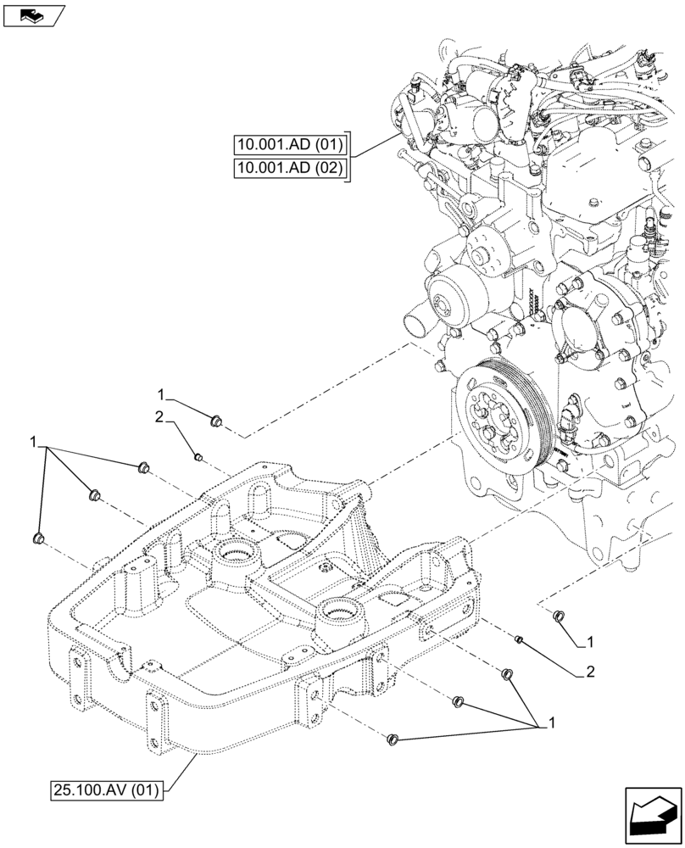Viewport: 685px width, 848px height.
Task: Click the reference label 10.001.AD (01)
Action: click(x=289, y=143)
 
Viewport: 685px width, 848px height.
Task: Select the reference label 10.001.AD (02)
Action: click(x=289, y=168)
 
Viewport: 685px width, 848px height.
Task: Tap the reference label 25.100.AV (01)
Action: click(x=109, y=793)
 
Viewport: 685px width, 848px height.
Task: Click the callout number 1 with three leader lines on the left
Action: click(x=33, y=442)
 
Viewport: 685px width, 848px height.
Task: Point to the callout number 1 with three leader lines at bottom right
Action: click(x=552, y=723)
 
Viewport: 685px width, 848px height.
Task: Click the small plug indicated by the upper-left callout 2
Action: click(x=198, y=458)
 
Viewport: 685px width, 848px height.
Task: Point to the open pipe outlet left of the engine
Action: click(x=416, y=323)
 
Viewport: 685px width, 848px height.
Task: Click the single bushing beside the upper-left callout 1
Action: click(x=215, y=418)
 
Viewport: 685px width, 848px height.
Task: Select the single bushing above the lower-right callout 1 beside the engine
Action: click(x=558, y=616)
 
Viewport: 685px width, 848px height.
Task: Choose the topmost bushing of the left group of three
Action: click(x=142, y=467)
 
